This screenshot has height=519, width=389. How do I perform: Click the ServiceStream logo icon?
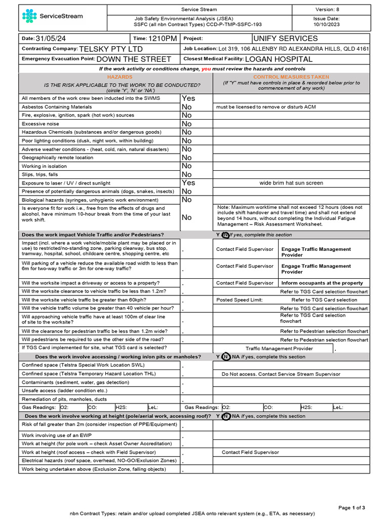30,16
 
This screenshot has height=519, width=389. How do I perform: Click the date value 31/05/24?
50,39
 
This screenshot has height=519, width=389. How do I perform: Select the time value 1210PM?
162,39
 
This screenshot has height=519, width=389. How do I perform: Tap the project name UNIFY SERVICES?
285,39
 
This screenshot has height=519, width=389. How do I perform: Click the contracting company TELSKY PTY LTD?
111,49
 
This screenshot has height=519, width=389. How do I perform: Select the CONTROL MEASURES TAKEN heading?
291,77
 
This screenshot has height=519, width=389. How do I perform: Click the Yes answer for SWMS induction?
188,98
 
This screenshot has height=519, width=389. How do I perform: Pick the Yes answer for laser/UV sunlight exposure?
188,183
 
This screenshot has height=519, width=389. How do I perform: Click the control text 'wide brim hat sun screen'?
291,183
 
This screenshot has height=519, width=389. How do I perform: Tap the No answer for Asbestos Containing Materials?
186,107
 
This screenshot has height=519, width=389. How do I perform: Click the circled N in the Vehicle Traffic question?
225,235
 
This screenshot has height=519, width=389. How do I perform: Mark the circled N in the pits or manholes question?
226,357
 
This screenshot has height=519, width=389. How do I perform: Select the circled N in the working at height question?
226,416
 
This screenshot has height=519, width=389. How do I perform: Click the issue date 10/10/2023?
327,24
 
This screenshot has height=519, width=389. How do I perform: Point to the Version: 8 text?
327,9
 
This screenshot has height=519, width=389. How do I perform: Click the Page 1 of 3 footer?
351,507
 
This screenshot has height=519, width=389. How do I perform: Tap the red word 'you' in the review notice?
206,68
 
